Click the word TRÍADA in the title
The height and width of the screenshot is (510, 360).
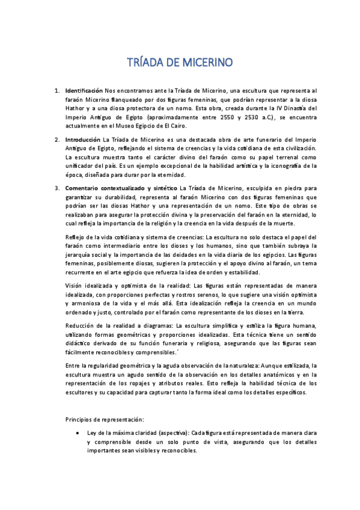click(x=147, y=63)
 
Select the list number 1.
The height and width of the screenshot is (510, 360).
click(x=56, y=90)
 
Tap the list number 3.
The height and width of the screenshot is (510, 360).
click(x=56, y=189)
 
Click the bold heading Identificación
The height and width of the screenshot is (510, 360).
click(x=84, y=90)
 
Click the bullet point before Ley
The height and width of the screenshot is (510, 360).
click(x=73, y=432)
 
